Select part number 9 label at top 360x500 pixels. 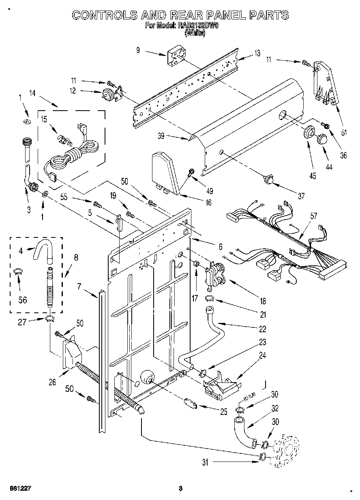(x=138, y=50)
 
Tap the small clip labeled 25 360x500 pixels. (x=190, y=403)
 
